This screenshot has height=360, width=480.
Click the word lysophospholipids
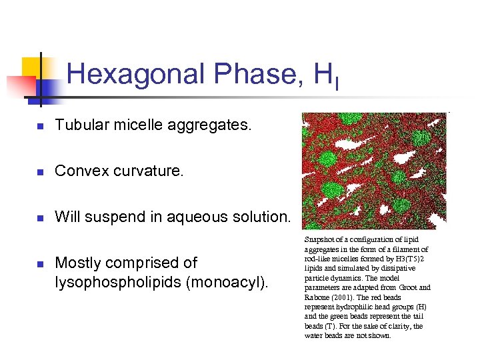(119, 282)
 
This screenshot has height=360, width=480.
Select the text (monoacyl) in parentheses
(227, 282)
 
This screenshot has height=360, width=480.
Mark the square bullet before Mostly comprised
(40, 264)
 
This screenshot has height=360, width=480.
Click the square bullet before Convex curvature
(40, 172)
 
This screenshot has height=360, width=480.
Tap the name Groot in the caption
(399, 287)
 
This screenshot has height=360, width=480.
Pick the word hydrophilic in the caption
(351, 307)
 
